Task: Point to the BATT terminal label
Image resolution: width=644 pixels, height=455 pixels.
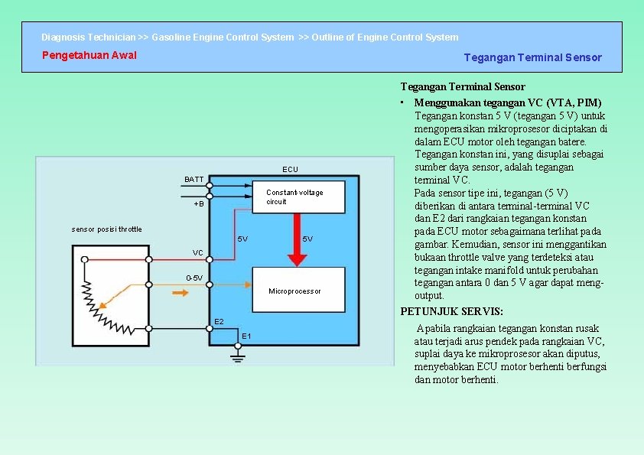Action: [194, 180]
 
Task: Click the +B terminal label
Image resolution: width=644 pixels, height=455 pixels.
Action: [198, 204]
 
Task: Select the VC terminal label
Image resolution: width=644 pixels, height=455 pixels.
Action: [198, 252]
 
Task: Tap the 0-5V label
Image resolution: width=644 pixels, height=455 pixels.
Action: [194, 278]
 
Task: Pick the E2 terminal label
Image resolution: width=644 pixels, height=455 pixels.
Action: [219, 321]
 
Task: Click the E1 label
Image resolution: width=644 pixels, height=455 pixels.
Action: [246, 336]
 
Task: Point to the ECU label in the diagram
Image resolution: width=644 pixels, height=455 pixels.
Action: [290, 169]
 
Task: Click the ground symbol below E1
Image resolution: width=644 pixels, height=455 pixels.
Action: [238, 353]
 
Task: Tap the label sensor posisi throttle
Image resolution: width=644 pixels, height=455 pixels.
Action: [106, 229]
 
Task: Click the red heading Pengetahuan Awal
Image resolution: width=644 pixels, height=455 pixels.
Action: [89, 55]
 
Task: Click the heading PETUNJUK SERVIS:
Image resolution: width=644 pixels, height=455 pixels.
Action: [452, 311]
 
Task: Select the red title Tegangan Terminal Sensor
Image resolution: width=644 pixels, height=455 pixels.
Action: [532, 57]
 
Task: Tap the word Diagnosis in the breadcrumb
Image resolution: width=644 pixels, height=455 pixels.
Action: [63, 37]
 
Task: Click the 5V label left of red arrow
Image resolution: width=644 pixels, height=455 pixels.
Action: [242, 239]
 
